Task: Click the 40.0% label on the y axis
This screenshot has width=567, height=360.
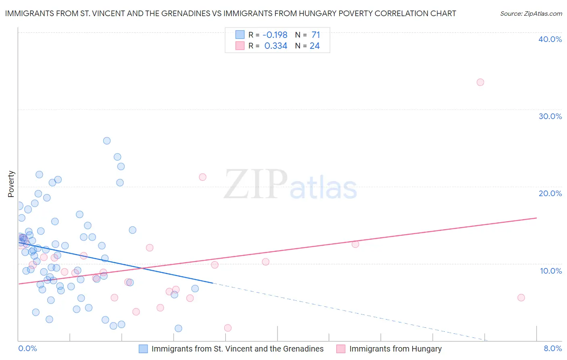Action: click(550, 39)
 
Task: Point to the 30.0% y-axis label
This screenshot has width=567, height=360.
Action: click(550, 116)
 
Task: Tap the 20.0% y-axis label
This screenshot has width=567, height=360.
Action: click(550, 193)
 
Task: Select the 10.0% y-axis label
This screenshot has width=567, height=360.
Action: click(551, 271)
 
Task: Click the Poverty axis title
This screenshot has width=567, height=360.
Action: click(11, 184)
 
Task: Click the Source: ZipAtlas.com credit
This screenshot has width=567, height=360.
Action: click(531, 13)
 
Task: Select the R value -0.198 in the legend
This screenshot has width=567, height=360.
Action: click(275, 35)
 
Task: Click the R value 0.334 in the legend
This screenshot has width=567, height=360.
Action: click(276, 46)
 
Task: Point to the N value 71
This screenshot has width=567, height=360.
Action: click(315, 35)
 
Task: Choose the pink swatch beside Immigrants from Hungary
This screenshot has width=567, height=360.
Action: click(341, 349)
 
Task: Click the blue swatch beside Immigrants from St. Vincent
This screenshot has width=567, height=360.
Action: click(143, 349)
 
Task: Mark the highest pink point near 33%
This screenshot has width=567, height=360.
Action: click(480, 82)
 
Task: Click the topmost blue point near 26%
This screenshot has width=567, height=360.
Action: click(107, 141)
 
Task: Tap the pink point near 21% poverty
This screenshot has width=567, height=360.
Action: click(202, 177)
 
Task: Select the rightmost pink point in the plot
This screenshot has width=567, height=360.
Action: click(521, 298)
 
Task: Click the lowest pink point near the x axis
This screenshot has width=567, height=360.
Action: click(228, 328)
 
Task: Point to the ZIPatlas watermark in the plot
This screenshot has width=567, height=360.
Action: click(290, 185)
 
